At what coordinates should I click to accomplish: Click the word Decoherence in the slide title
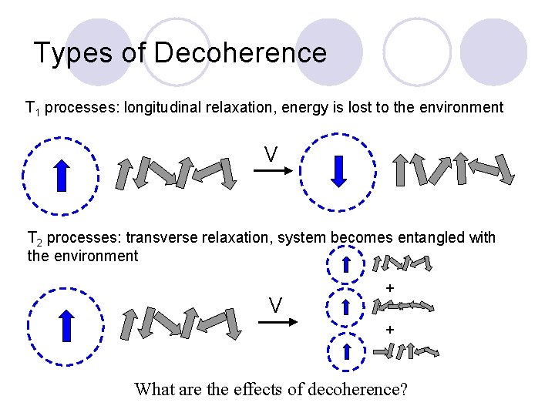240,53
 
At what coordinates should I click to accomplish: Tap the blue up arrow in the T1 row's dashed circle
64,174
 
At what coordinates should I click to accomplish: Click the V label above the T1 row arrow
271,155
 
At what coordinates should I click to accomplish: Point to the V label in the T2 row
275,305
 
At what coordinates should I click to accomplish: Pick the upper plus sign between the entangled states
390,288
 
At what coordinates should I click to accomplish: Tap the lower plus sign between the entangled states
390,330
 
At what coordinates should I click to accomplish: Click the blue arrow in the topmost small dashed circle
347,265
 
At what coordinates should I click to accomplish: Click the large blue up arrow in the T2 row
66,324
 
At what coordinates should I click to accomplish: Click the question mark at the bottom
403,389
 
